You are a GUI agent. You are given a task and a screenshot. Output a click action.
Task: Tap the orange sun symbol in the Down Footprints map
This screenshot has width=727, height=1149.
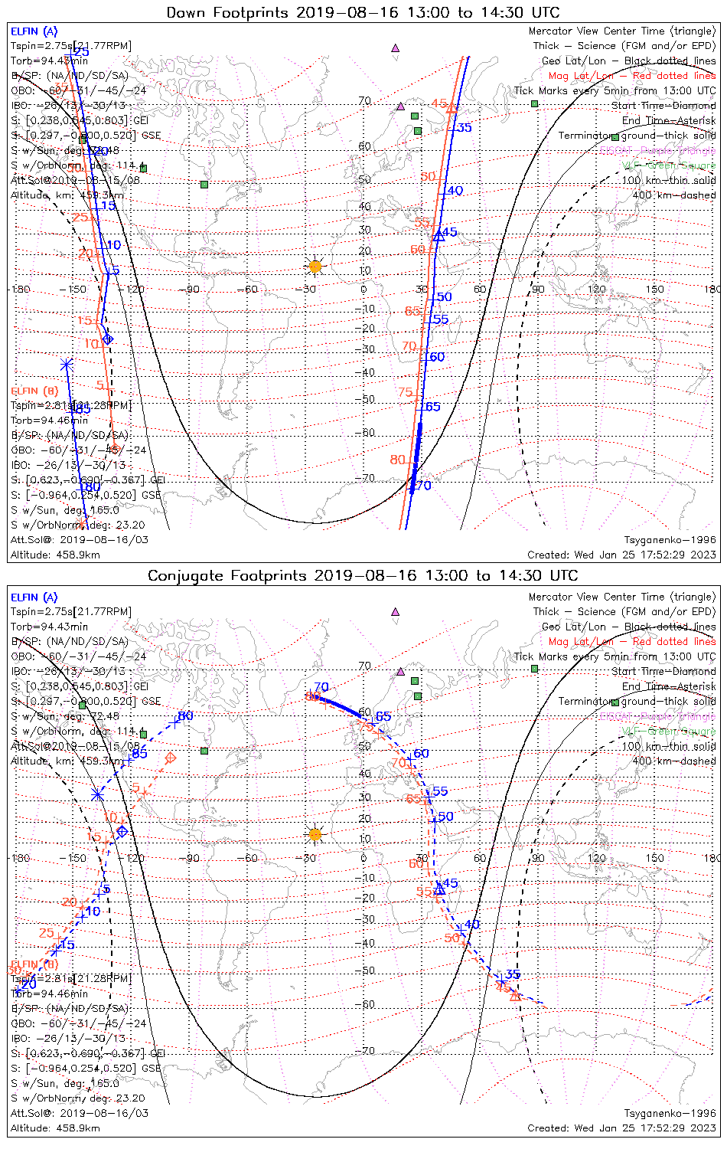(315, 267)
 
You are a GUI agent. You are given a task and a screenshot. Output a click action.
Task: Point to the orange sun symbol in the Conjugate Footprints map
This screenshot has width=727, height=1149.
(315, 834)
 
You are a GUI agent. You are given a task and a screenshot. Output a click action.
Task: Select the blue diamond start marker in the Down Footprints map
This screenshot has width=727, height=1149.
(108, 339)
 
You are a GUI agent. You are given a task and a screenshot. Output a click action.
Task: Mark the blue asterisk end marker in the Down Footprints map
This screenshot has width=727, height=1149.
(67, 364)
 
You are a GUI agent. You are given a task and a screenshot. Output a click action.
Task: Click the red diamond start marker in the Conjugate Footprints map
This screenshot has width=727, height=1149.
(171, 758)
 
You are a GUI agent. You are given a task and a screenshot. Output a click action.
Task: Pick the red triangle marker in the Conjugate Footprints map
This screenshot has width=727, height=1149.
(515, 996)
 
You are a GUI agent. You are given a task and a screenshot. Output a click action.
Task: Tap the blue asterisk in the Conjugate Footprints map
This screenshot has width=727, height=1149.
(97, 794)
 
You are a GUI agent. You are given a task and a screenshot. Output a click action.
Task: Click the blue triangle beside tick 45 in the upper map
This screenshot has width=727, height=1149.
(438, 237)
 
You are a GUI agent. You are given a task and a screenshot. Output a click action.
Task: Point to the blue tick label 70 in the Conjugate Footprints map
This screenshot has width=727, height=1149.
(321, 687)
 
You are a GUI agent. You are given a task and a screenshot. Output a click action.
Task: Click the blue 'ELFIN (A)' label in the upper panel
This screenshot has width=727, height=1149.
(34, 31)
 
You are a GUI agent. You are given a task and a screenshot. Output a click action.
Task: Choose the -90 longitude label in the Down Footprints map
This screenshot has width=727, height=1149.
(191, 290)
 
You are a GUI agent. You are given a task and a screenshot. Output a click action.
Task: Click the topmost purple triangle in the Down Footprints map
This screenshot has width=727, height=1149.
(395, 47)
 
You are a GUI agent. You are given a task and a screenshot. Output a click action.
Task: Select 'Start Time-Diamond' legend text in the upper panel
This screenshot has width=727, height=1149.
(663, 106)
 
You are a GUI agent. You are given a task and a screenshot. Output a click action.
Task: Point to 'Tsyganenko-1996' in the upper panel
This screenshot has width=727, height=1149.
(670, 540)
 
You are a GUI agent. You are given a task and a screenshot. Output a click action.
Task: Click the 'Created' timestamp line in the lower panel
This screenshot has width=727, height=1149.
(621, 1128)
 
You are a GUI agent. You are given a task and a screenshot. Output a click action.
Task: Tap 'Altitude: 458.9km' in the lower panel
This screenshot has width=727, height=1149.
(55, 1128)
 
